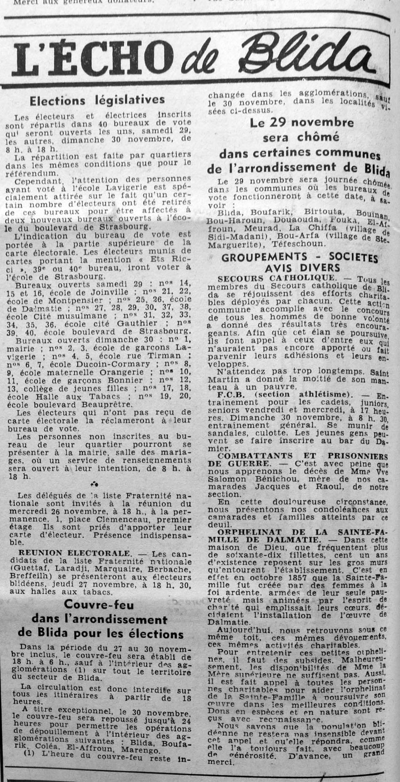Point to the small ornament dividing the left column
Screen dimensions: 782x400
(x=96, y=483)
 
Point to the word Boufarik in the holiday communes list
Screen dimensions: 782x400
(x=265, y=213)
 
